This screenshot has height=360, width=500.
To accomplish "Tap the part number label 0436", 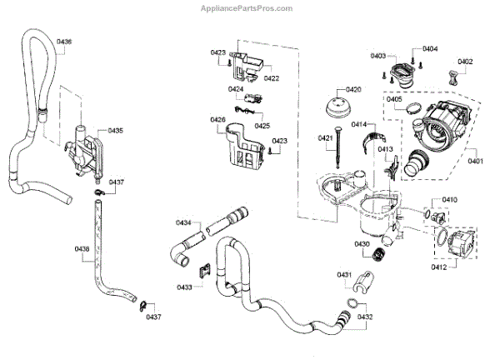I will point(64,42).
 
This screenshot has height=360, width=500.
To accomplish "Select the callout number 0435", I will point(115,131).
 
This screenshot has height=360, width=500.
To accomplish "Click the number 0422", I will point(271,78).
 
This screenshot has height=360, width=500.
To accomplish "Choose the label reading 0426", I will point(217,120).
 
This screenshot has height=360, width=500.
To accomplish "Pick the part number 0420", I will point(353,89).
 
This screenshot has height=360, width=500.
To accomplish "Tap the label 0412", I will point(439,267).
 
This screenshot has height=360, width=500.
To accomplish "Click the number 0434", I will point(183,222).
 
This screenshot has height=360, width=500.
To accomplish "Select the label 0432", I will point(365,317).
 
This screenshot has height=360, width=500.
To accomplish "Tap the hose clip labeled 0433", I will point(203,270).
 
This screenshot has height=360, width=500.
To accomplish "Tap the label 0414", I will point(359,124).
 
